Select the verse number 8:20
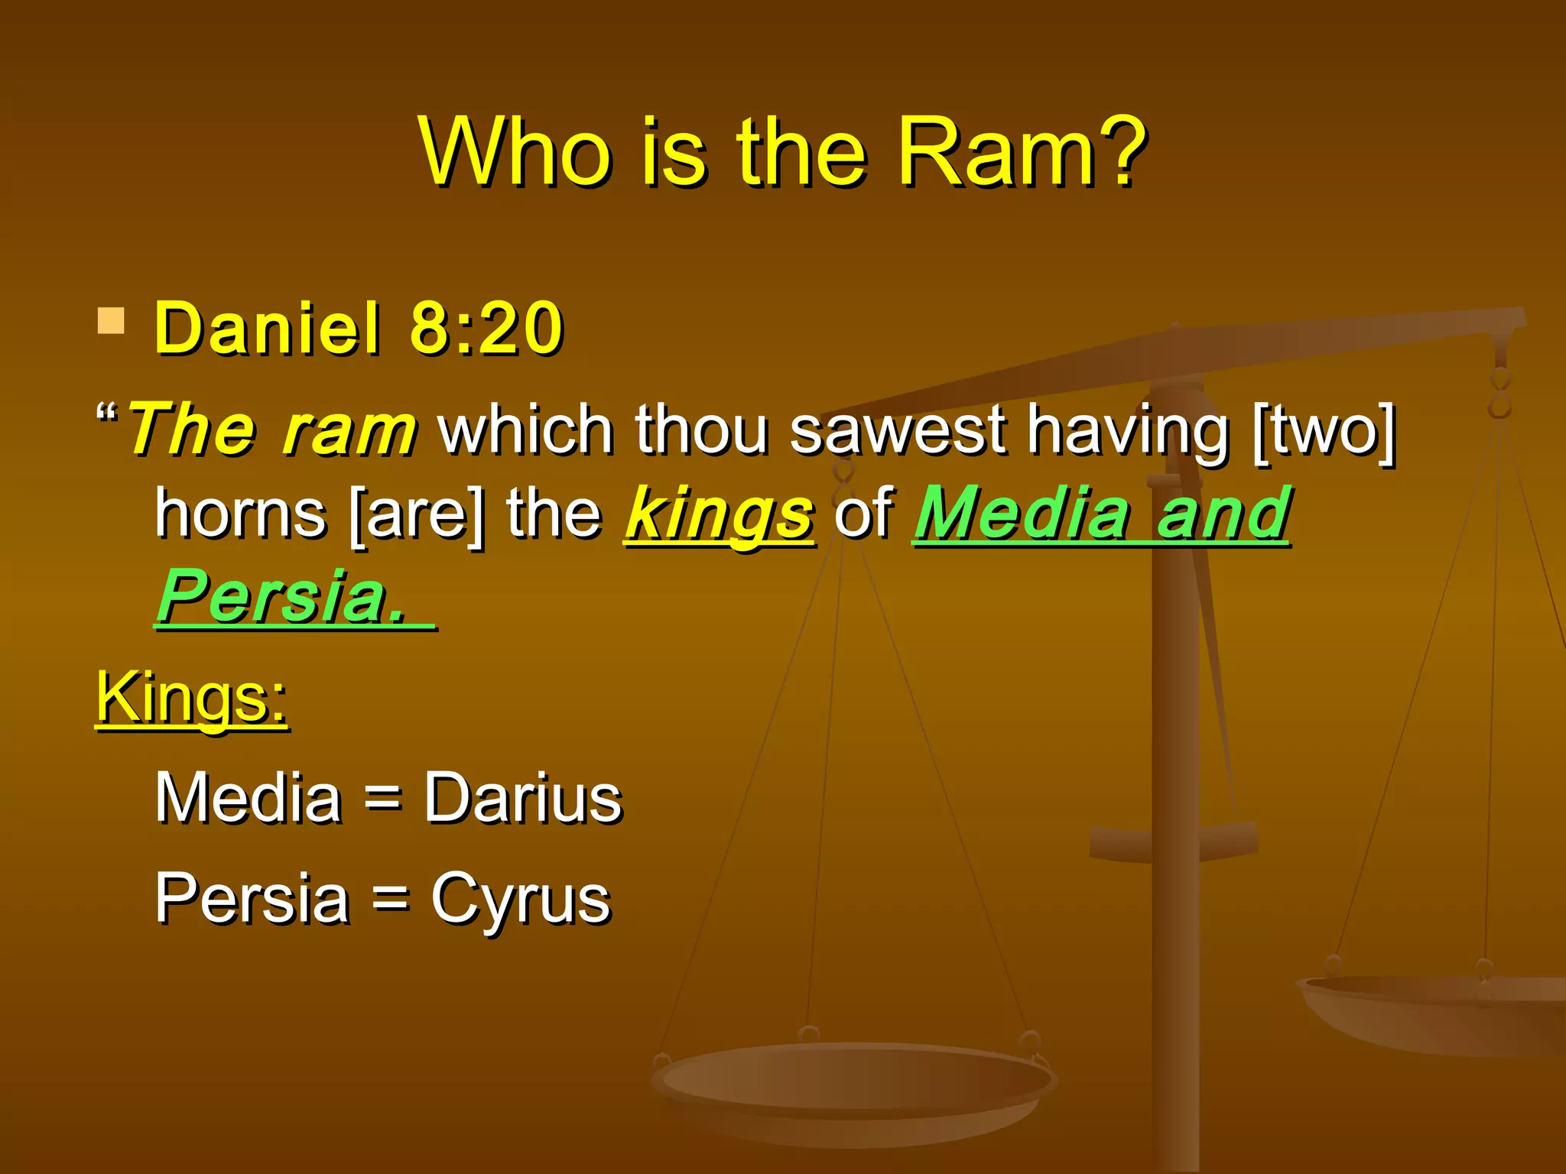(487, 329)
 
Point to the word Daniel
(267, 329)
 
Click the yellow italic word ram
(349, 430)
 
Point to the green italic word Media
(1022, 514)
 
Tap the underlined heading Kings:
(191, 697)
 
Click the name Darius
(523, 798)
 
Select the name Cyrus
(521, 899)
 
